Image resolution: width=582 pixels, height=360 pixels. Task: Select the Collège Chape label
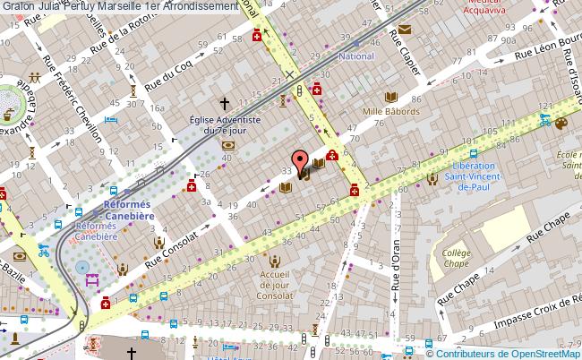click(457, 258)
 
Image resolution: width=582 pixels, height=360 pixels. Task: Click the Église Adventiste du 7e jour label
click(224, 124)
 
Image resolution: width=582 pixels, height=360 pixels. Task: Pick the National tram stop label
click(355, 56)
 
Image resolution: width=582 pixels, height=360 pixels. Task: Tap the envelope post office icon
click(405, 30)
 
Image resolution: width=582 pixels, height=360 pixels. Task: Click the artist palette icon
click(561, 124)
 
